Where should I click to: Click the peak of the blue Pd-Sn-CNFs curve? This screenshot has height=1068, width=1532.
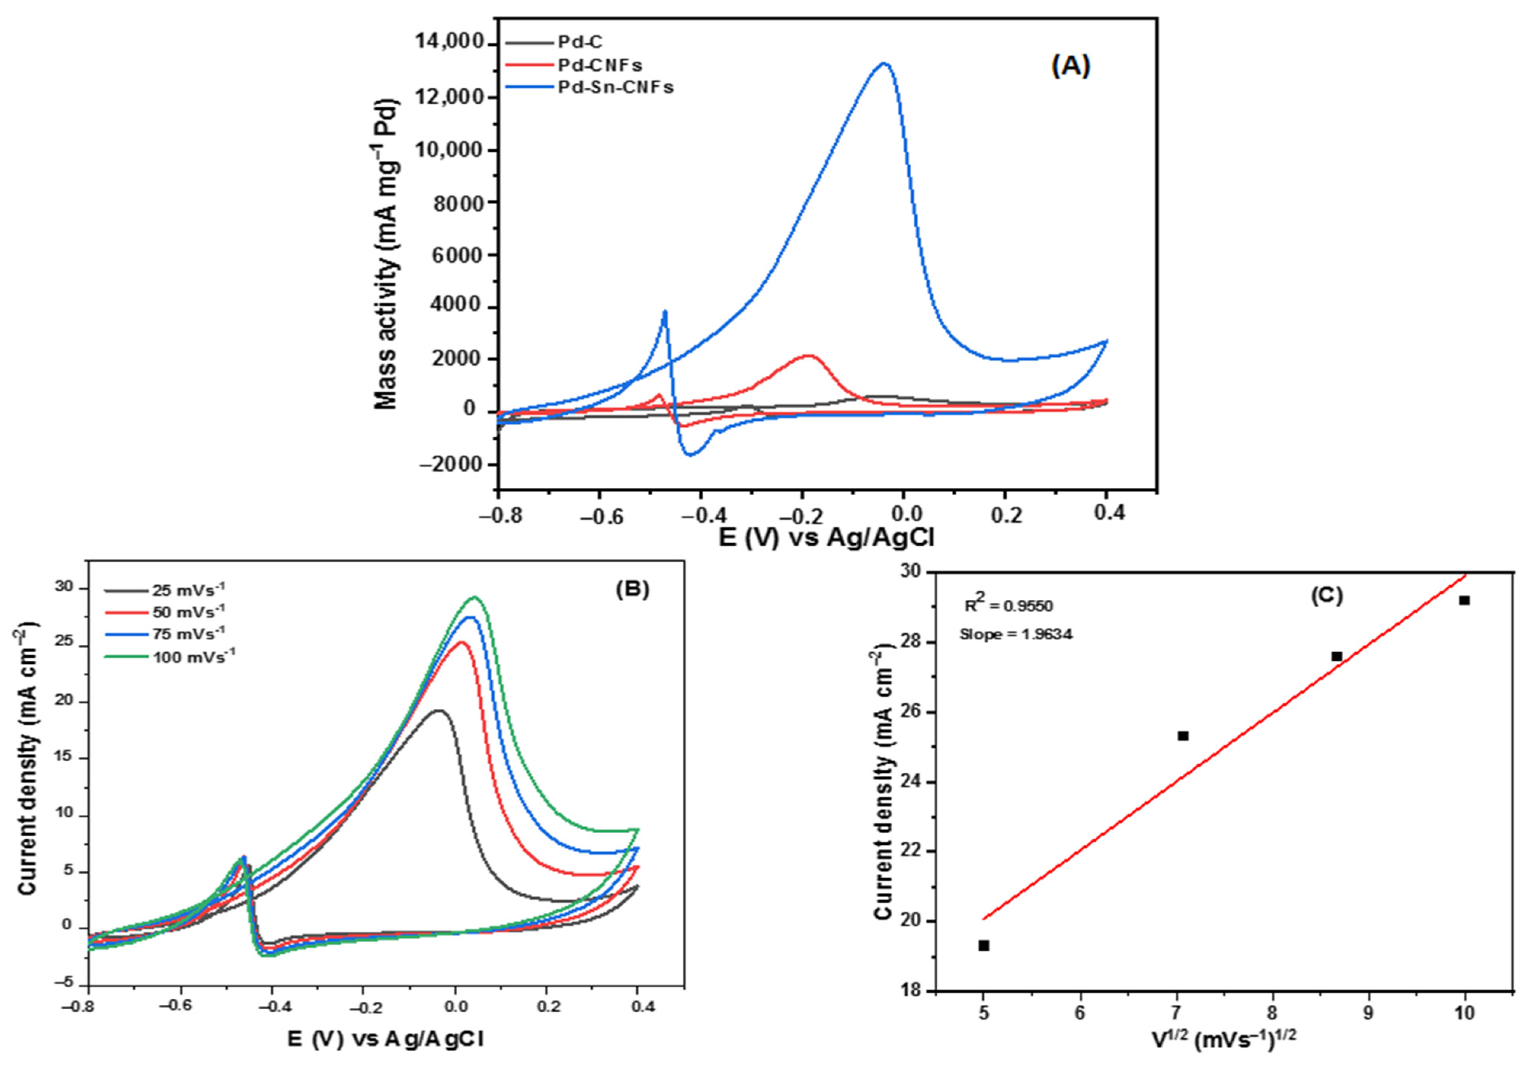coord(884,63)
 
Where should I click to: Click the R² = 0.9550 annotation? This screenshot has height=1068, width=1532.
coord(1008,606)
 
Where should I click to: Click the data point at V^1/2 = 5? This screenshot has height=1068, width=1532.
coord(983,945)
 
